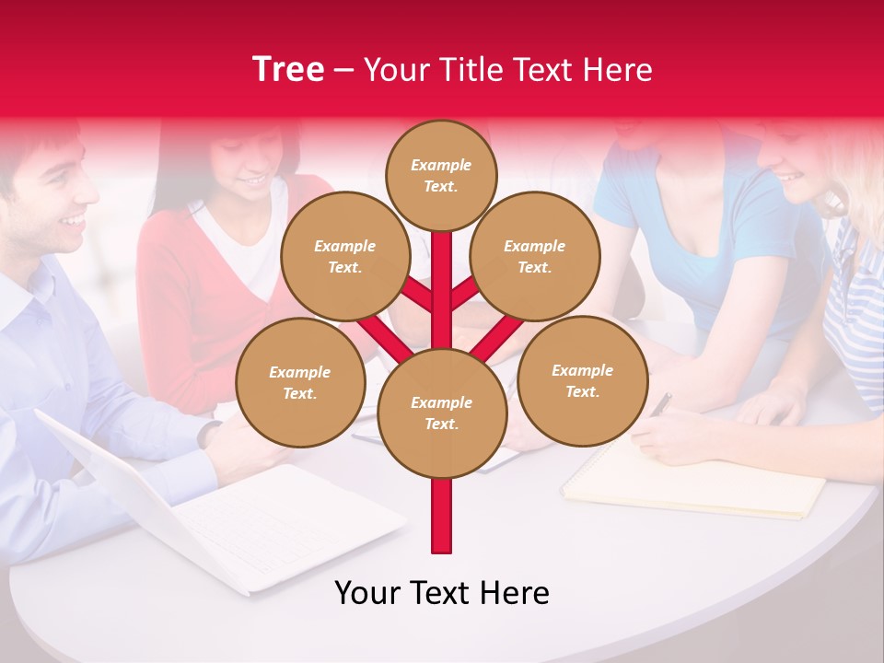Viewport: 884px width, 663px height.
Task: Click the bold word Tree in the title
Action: [x=288, y=69]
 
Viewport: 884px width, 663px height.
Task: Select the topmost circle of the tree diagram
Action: [x=441, y=175]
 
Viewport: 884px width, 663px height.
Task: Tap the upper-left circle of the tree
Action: [x=344, y=256]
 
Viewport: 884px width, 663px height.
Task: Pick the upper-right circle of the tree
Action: [x=534, y=256]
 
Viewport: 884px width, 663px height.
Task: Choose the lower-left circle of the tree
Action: [x=300, y=382]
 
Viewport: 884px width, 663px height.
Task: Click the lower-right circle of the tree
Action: [x=582, y=380]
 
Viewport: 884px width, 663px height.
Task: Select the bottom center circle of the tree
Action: [x=441, y=413]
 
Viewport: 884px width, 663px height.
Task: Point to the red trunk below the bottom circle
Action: [x=441, y=516]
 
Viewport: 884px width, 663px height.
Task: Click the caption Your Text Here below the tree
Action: [x=441, y=593]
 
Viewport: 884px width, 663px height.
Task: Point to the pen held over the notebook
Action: [x=660, y=403]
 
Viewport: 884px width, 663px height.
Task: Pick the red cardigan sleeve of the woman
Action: [x=175, y=295]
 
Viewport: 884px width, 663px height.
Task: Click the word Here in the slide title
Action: [x=621, y=70]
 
